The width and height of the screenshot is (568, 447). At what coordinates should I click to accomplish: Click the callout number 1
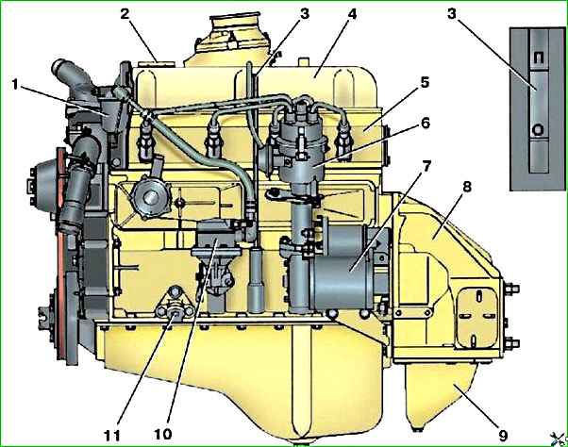click(x=15, y=86)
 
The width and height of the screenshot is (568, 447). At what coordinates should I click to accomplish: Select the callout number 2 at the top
click(x=125, y=14)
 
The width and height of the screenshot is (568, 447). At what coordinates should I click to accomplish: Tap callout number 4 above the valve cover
click(x=351, y=14)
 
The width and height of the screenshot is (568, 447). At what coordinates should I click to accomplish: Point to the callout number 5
click(x=425, y=83)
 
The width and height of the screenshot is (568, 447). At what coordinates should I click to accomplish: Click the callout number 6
click(x=426, y=124)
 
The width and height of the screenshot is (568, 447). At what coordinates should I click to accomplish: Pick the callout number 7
click(x=426, y=167)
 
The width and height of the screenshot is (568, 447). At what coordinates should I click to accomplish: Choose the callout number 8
click(x=466, y=187)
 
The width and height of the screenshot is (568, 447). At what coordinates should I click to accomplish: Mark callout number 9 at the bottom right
click(x=503, y=435)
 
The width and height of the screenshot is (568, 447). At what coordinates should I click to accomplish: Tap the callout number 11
click(x=112, y=435)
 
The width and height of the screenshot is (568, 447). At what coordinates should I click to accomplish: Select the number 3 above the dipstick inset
click(x=452, y=14)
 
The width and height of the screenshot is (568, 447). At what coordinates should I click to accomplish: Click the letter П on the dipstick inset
click(x=539, y=58)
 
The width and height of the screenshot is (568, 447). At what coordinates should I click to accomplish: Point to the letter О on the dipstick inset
click(x=539, y=130)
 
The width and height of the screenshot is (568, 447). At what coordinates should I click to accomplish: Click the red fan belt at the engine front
click(x=62, y=254)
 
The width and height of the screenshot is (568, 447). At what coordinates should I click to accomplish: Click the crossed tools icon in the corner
click(x=559, y=439)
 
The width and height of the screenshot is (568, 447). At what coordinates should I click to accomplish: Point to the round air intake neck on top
click(x=236, y=23)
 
